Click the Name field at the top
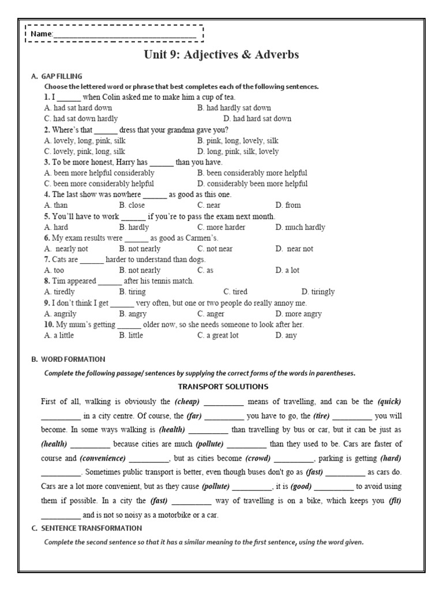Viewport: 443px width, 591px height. coord(124,35)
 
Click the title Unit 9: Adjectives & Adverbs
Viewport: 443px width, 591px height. coord(221,55)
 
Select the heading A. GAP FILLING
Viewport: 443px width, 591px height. coord(57,76)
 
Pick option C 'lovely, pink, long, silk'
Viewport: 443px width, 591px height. coord(84,151)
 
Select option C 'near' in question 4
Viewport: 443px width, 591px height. coord(209,205)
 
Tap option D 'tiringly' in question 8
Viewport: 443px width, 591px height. coord(318,292)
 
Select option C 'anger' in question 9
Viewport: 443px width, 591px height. coord(211,314)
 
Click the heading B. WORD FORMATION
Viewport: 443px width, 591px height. coord(68,359)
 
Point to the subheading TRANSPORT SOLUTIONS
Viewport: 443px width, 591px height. coord(223,387)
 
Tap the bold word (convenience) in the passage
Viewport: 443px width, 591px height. coord(102,458)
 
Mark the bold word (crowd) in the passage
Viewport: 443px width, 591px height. coord(257,458)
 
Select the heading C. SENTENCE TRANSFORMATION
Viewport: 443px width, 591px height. coord(87,528)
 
